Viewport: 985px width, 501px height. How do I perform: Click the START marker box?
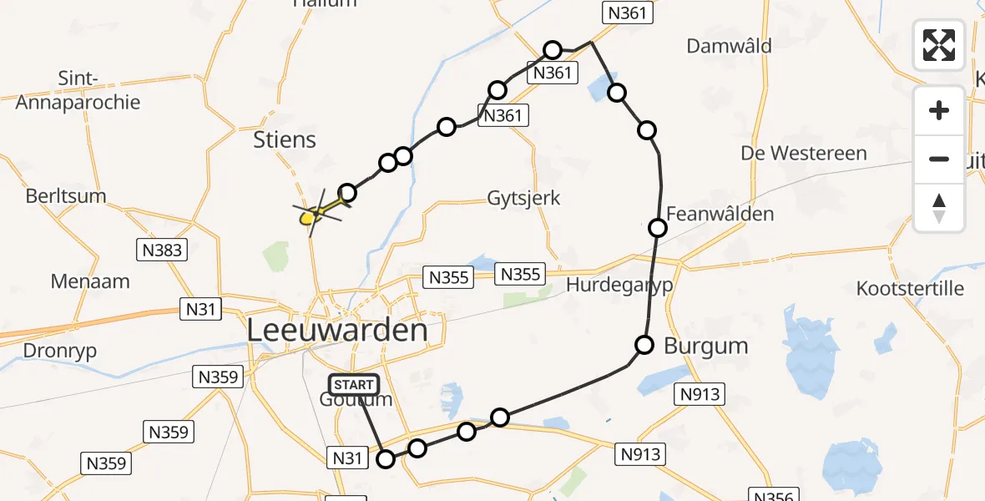pyautogui.click(x=355, y=385)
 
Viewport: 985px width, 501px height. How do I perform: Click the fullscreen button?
pyautogui.click(x=939, y=45)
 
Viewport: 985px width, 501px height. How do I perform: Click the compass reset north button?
pyautogui.click(x=939, y=208)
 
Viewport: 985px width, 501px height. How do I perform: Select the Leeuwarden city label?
pyautogui.click(x=337, y=331)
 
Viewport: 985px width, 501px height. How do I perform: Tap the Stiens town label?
pyautogui.click(x=285, y=139)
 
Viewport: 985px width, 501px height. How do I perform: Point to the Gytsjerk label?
pyautogui.click(x=524, y=199)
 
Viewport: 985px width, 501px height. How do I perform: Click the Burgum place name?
pyautogui.click(x=705, y=346)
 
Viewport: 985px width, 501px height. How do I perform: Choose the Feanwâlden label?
pyautogui.click(x=720, y=214)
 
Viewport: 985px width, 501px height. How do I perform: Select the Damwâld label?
pyautogui.click(x=727, y=46)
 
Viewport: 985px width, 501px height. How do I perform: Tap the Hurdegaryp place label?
pyautogui.click(x=619, y=285)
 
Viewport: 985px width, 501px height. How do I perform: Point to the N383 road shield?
pyautogui.click(x=162, y=249)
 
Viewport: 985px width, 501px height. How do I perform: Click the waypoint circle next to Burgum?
pyautogui.click(x=644, y=344)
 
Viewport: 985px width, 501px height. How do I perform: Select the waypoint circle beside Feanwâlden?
pyautogui.click(x=658, y=227)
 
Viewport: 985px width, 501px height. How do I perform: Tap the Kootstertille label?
pyautogui.click(x=910, y=289)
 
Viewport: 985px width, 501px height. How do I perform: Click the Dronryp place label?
pyautogui.click(x=48, y=351)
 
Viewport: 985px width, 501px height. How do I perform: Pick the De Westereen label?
pyautogui.click(x=804, y=154)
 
